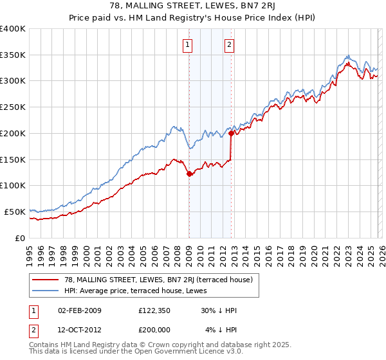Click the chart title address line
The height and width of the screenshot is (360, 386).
(x=193, y=6)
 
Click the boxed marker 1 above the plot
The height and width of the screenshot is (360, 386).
(x=187, y=45)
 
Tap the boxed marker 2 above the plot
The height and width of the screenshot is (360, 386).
(x=229, y=45)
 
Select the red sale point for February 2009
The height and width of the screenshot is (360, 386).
(x=189, y=174)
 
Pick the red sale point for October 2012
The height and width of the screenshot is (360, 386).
(x=231, y=134)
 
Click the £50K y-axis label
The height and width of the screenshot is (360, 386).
(x=15, y=212)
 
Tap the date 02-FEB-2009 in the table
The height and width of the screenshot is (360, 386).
(x=80, y=310)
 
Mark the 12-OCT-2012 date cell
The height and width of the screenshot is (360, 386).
(x=80, y=329)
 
